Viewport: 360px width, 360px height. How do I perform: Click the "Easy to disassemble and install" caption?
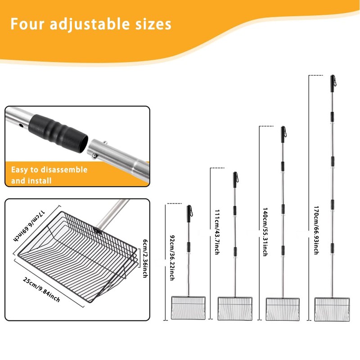(49, 175)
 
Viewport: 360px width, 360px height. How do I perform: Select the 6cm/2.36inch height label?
(144, 258)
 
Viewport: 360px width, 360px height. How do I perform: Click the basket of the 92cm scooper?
(189, 307)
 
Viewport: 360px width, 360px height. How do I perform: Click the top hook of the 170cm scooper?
(333, 81)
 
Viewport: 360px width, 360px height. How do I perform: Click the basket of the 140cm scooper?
(283, 308)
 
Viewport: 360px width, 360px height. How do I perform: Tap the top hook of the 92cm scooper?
(189, 211)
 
